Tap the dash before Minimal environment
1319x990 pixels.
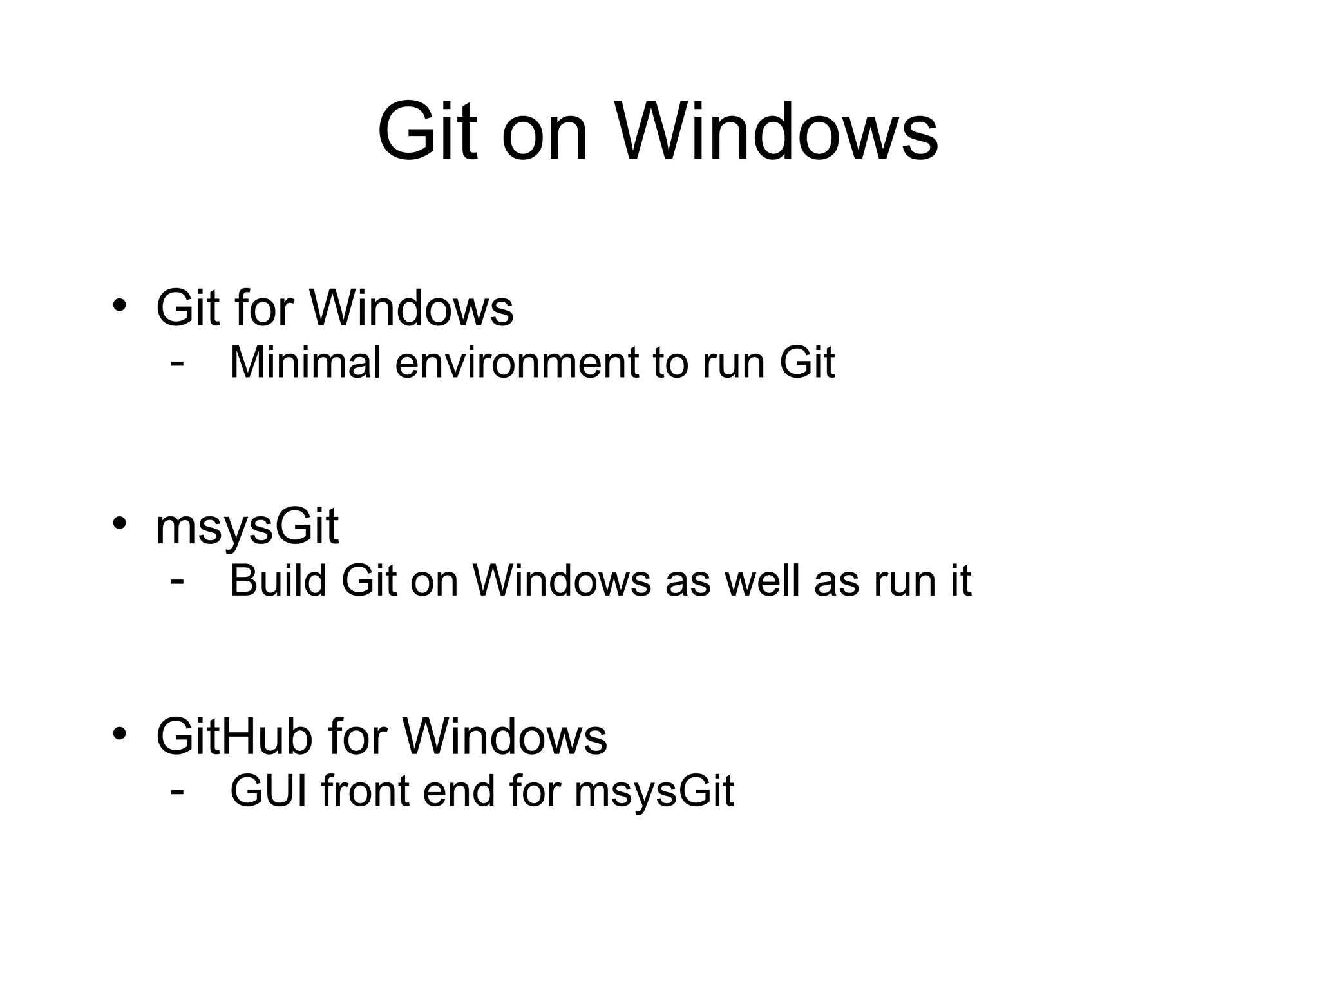177,364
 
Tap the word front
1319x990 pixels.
365,791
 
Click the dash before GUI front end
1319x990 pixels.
177,792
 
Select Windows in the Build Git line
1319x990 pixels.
562,581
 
